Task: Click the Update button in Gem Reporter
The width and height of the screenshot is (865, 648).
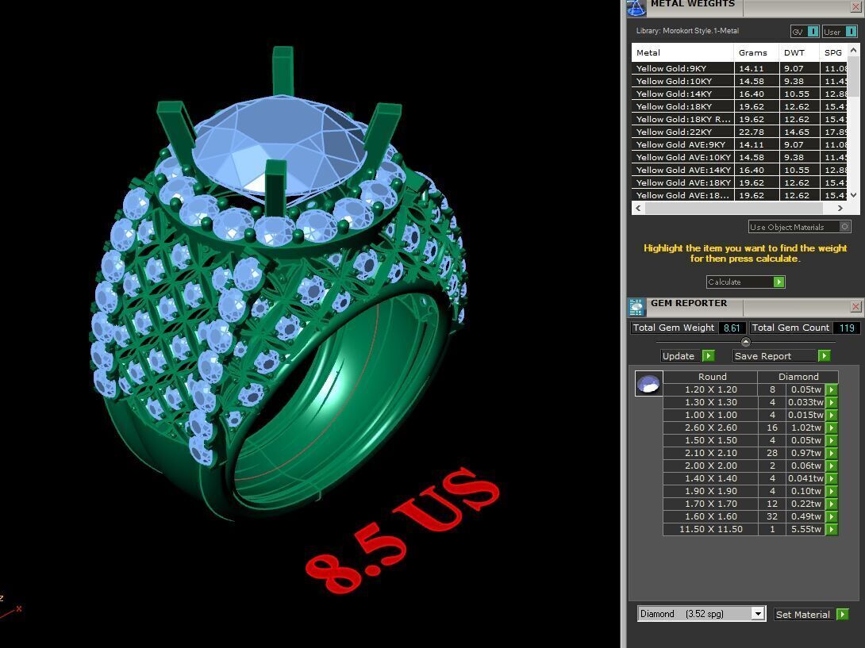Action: [x=687, y=356]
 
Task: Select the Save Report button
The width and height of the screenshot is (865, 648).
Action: [x=782, y=356]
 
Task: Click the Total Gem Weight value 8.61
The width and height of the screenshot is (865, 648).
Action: [x=731, y=328]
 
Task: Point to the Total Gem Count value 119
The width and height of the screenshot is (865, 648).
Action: [x=845, y=328]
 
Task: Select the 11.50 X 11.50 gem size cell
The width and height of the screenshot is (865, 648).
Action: [x=710, y=529]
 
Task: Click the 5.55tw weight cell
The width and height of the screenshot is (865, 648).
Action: [x=805, y=529]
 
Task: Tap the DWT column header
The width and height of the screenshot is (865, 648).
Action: [x=794, y=52]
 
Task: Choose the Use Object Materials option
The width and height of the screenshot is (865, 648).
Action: [x=798, y=227]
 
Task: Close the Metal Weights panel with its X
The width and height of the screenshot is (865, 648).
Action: [x=855, y=6]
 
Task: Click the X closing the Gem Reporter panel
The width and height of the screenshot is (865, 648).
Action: [x=855, y=306]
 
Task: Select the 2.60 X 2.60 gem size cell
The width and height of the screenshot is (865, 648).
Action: [x=710, y=428]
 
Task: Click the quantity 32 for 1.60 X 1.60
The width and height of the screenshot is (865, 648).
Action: [x=771, y=516]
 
